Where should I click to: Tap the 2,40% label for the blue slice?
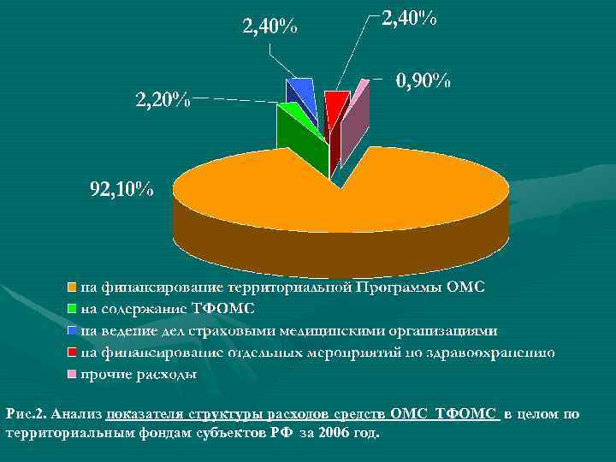coord(270,27)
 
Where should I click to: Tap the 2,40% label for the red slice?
coord(408,17)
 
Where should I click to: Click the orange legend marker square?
coord(73,287)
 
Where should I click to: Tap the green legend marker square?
coord(73,309)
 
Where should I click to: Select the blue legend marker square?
coord(73,331)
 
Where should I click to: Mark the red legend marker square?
coord(73,352)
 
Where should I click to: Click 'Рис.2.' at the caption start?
coord(26,415)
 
